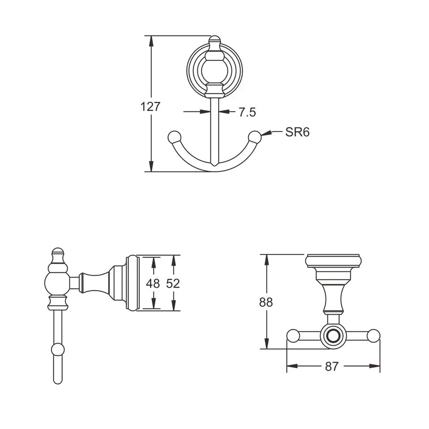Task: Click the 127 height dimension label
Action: point(150,107)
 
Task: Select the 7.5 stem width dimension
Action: point(247,112)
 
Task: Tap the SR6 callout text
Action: point(298,132)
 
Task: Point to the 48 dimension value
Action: point(153,284)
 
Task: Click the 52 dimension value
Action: point(173,284)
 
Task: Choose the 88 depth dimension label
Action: point(266,302)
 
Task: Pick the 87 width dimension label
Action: point(332,366)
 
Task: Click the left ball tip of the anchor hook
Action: point(174,138)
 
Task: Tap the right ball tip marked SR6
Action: point(255,138)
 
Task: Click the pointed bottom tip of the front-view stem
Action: point(214,166)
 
